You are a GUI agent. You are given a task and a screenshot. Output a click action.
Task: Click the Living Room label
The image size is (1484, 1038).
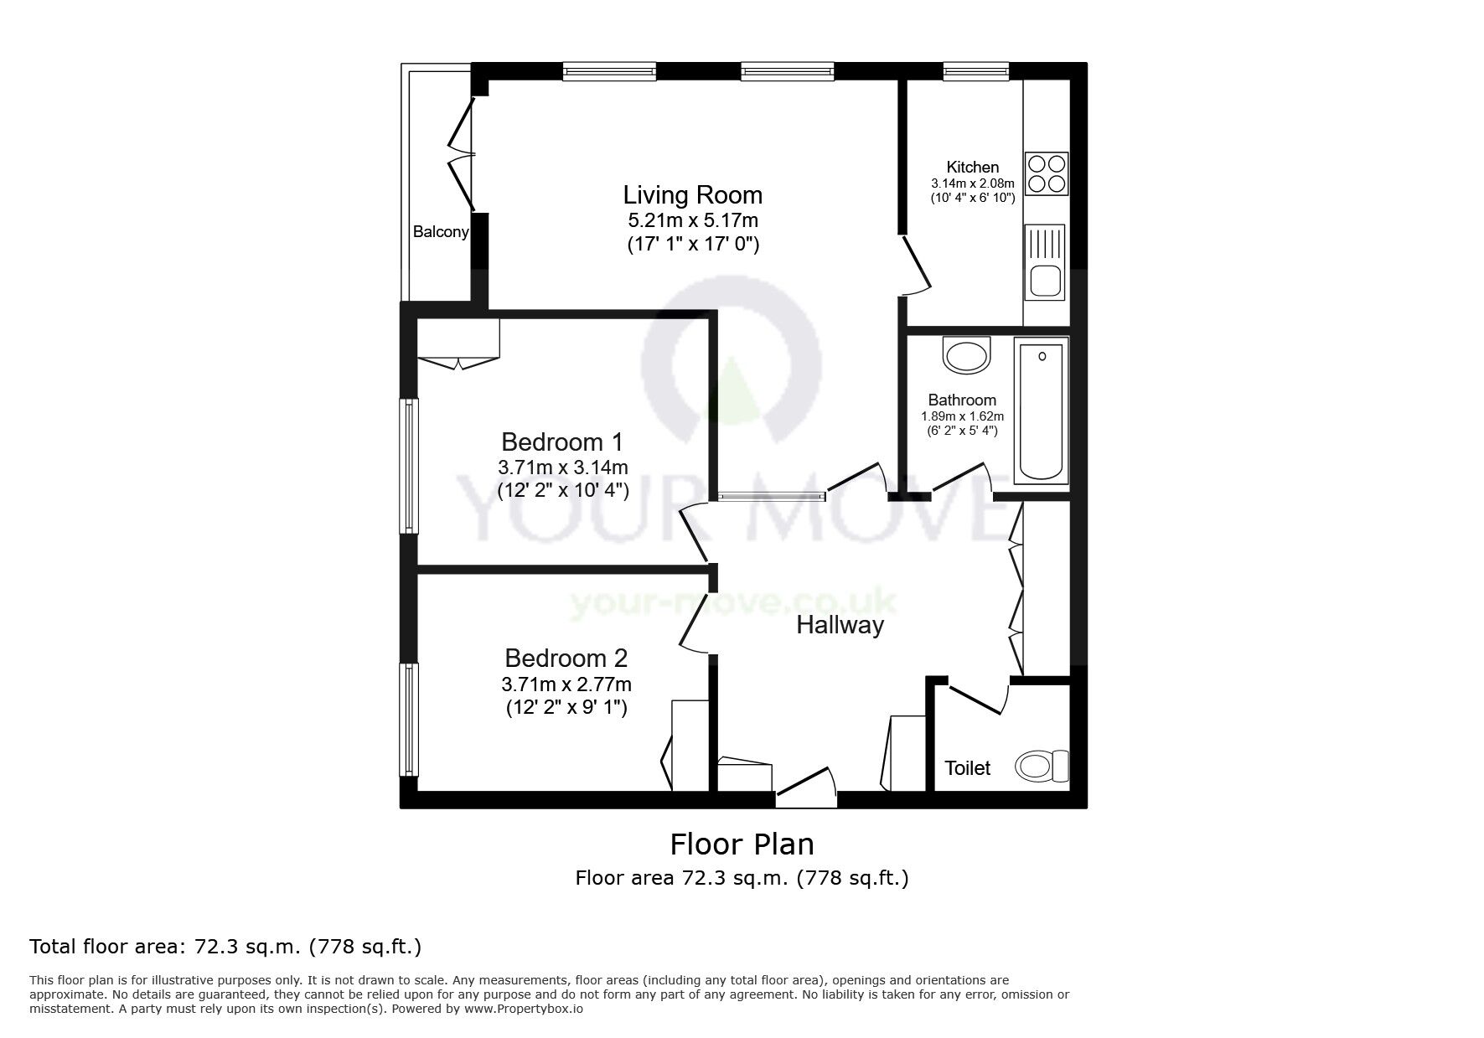click(692, 195)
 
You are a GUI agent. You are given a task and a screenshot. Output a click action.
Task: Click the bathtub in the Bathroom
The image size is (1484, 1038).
click(1042, 411)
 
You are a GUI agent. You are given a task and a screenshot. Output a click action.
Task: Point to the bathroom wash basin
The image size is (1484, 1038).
click(967, 355)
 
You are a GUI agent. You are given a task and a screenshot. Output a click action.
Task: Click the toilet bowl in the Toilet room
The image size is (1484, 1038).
click(1042, 766)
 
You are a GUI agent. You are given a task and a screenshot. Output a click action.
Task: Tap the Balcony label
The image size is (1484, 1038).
click(441, 232)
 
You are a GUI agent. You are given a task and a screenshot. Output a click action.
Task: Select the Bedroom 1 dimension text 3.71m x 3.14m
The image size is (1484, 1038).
click(563, 467)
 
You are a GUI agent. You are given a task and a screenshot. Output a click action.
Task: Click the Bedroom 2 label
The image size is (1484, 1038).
click(566, 658)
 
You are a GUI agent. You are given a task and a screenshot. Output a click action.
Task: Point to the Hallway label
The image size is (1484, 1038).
click(840, 625)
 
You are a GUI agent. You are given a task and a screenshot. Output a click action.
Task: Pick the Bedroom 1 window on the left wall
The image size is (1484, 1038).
click(410, 466)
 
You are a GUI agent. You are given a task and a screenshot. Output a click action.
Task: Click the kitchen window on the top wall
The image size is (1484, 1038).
click(975, 72)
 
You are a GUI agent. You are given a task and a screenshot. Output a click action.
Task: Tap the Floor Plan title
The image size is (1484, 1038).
click(742, 844)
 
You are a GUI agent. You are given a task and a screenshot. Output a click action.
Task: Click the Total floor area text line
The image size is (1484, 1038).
click(225, 947)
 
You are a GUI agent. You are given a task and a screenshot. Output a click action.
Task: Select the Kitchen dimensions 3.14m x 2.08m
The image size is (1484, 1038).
click(972, 183)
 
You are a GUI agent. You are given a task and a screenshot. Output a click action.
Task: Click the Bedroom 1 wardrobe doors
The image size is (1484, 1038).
click(458, 362)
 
